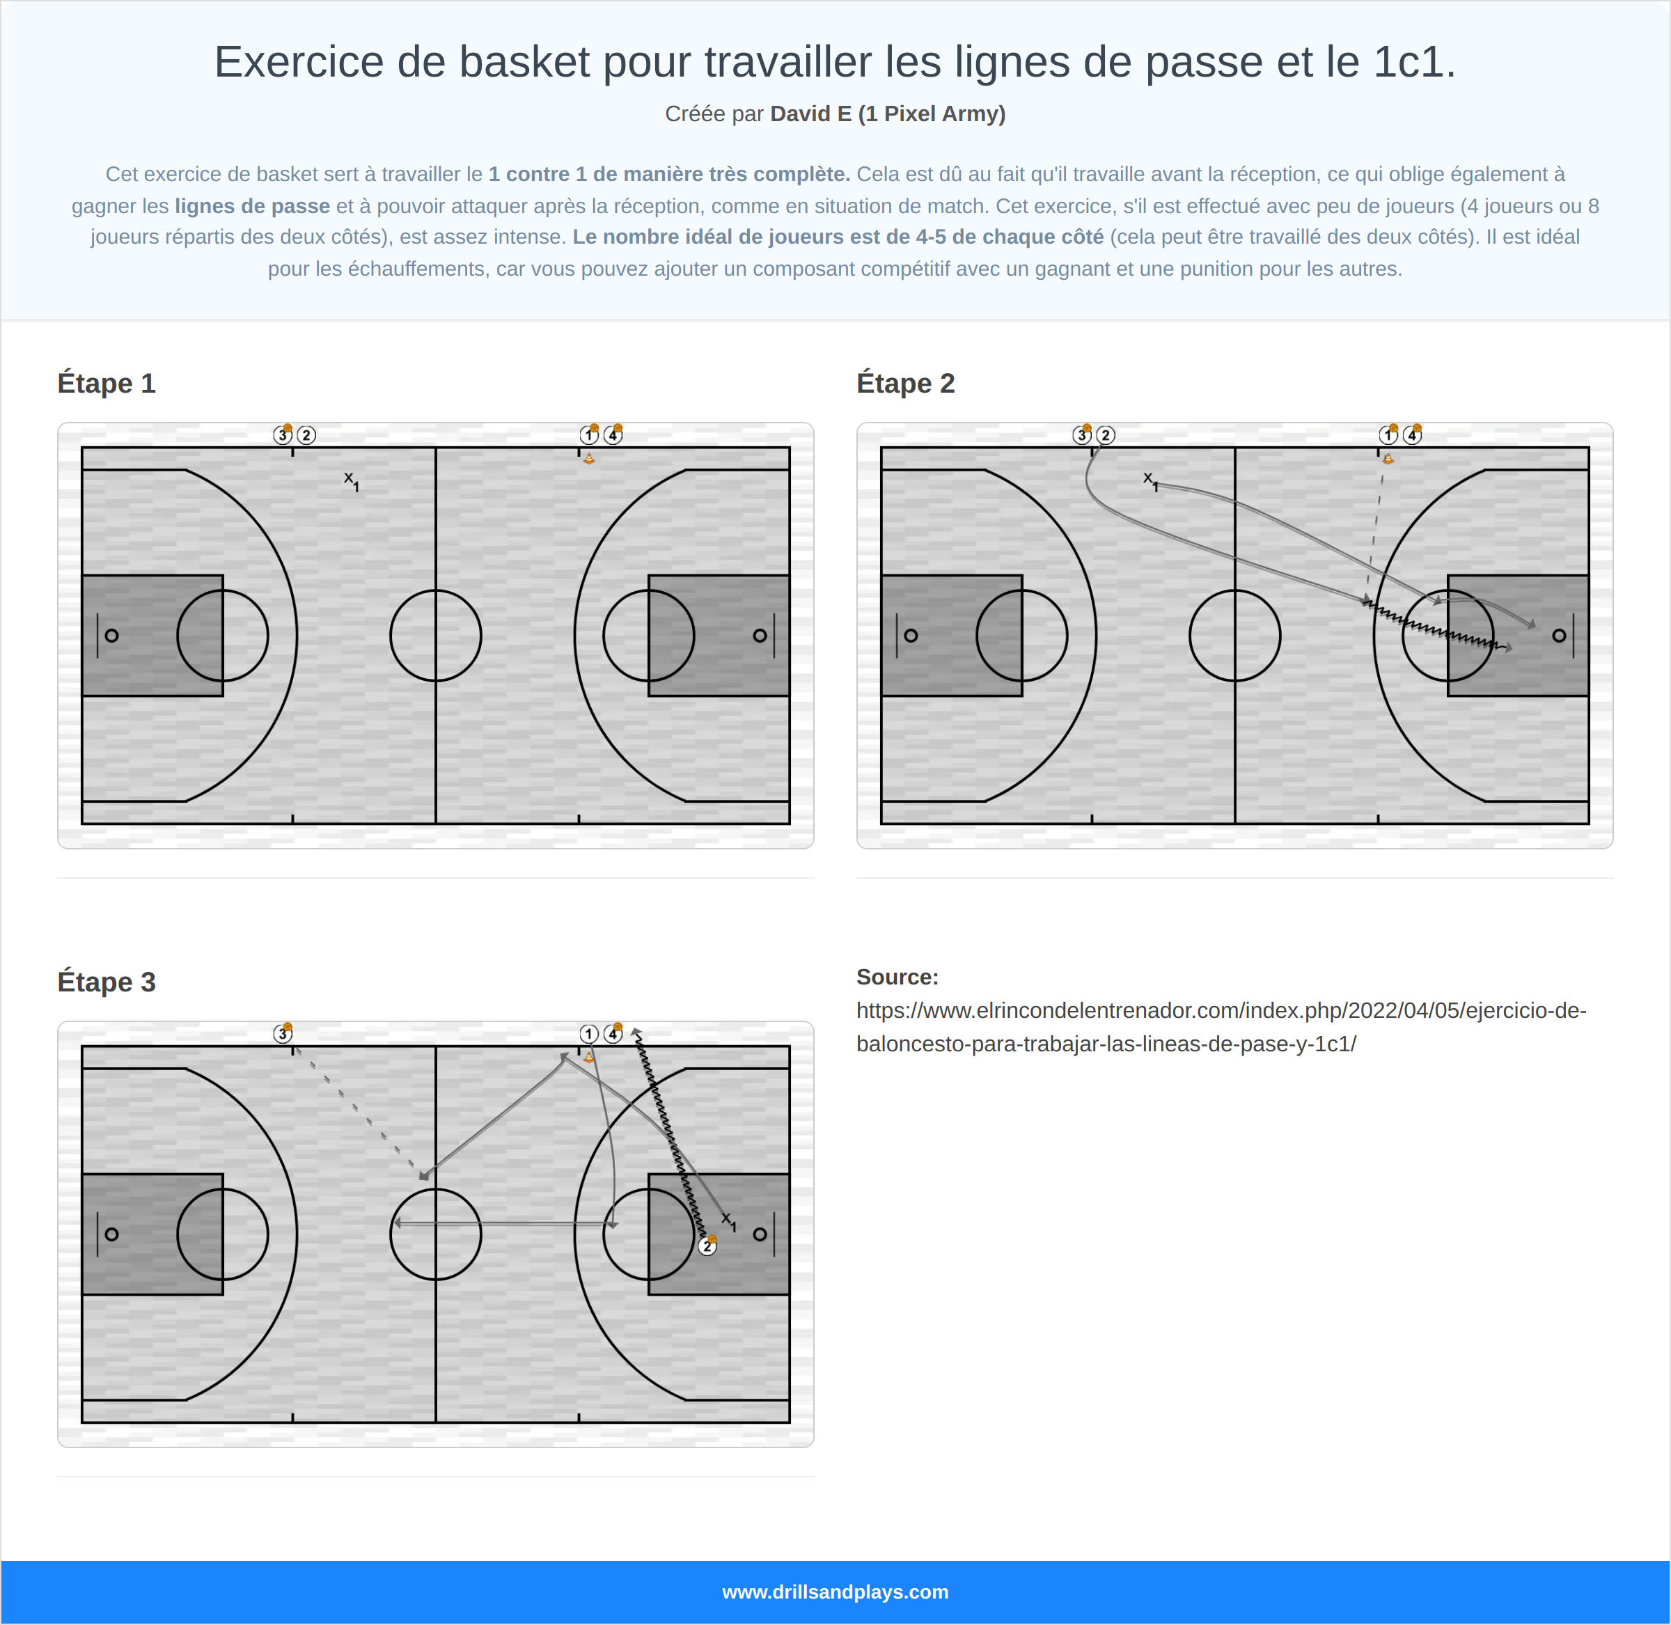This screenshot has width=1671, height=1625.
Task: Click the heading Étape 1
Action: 106,383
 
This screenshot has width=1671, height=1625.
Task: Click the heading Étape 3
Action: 106,982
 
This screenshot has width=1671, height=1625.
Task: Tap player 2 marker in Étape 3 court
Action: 707,1246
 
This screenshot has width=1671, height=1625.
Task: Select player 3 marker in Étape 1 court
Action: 283,435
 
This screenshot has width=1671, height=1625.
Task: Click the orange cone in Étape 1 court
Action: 589,458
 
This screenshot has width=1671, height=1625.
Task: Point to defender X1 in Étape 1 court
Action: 351,480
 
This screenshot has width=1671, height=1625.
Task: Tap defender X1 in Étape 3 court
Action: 728,1221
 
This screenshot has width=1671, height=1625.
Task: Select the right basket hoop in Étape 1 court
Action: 759,635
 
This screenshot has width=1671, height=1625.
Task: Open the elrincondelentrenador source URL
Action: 1221,1027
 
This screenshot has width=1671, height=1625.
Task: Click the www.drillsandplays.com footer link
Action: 835,1592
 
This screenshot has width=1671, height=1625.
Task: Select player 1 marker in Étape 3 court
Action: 588,1033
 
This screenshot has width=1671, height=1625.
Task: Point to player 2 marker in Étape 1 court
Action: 306,435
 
